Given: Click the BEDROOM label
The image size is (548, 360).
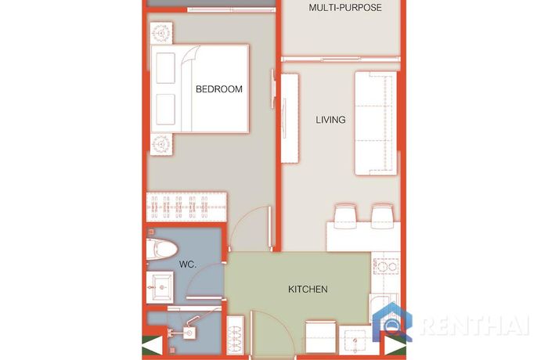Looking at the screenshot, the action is (x=218, y=89).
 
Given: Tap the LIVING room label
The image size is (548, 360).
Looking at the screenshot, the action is (x=330, y=120).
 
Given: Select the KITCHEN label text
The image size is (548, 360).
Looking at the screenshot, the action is (x=308, y=290).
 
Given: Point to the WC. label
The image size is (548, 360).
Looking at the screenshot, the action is (x=188, y=265).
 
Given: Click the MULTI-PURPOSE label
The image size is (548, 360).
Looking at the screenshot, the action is (x=345, y=7).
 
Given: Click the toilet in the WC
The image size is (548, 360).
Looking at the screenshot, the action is (x=161, y=249).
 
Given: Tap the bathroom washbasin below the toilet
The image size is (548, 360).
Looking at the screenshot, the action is (x=160, y=287).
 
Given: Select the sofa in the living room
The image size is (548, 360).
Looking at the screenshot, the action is (x=376, y=123).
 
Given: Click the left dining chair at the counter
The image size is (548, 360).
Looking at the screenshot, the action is (x=345, y=216).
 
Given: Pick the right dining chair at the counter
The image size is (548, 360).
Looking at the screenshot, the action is (x=382, y=217).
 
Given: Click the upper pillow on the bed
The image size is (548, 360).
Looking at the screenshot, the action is (x=165, y=68).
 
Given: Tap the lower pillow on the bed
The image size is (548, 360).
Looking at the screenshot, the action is (x=165, y=109).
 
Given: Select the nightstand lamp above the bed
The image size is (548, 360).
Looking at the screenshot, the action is (x=161, y=33).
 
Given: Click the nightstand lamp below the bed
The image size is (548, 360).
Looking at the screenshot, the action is (x=161, y=144).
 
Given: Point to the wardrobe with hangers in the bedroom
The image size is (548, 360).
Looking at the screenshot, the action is (x=186, y=207).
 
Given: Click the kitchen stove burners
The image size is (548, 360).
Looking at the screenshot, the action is (x=386, y=266).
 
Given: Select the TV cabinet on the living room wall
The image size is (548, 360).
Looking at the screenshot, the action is (x=290, y=118).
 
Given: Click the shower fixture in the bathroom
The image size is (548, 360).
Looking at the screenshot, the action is (x=189, y=331).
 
